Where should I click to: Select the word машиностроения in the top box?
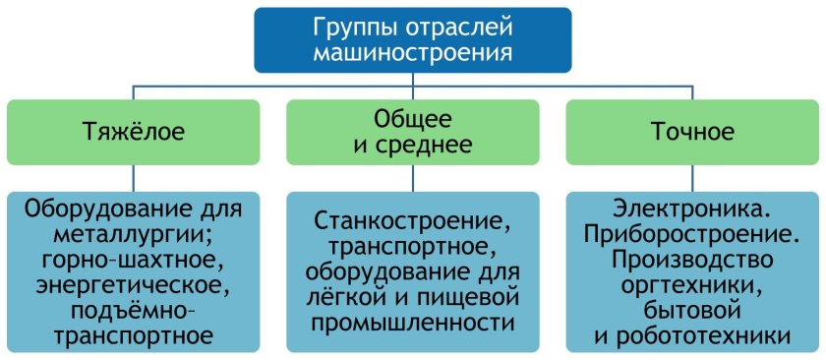(x=412, y=52)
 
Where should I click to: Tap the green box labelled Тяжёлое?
(x=134, y=130)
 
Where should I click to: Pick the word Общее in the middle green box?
(x=412, y=118)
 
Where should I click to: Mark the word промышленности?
(x=412, y=322)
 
